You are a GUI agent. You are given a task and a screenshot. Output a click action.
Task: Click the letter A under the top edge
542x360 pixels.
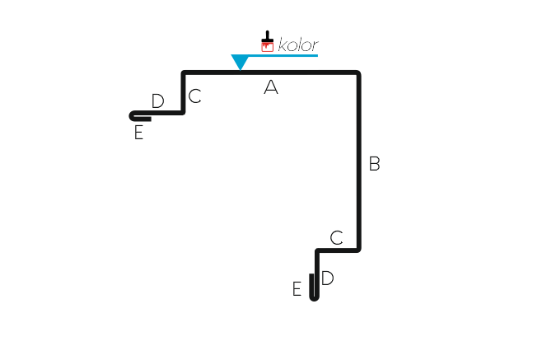[x=271, y=86]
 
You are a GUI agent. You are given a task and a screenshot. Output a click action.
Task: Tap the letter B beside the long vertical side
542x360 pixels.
[x=374, y=164]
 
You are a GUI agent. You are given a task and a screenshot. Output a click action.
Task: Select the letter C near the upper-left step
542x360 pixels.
[x=195, y=96]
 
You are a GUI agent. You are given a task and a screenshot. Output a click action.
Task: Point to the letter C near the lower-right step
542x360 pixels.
[x=336, y=238]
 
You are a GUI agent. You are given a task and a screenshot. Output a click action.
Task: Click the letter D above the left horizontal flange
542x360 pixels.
[x=157, y=101]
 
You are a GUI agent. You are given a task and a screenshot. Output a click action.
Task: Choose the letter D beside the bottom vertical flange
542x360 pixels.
[x=327, y=278]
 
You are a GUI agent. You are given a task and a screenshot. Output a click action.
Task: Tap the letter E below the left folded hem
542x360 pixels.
[x=138, y=133]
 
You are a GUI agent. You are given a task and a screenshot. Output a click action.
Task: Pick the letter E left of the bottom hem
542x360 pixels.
[x=297, y=289]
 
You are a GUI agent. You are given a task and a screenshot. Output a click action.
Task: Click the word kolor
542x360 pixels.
[x=298, y=45]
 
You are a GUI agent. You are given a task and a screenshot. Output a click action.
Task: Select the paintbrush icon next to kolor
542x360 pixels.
[x=267, y=41]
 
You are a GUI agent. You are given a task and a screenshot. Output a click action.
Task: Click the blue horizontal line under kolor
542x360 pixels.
[x=283, y=55]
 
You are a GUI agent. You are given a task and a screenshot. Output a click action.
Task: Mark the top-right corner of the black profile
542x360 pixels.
[x=359, y=72]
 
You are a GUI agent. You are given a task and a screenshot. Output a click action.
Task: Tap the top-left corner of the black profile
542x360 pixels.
[x=183, y=72]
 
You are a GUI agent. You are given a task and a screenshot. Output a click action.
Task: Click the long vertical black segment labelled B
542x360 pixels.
[x=359, y=161]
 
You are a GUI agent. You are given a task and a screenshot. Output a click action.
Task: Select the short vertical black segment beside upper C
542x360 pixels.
[x=183, y=93]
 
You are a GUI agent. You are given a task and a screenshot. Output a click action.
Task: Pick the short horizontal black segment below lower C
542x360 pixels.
[x=338, y=250]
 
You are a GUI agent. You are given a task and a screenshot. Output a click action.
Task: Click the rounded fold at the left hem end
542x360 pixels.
[x=131, y=116]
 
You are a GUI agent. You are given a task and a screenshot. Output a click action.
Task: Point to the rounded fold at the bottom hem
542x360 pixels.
[x=314, y=298]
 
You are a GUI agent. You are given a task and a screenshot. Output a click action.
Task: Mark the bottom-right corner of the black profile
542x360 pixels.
[x=359, y=250]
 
